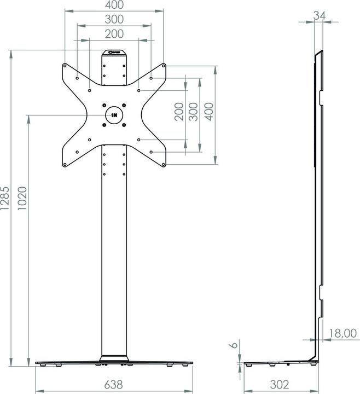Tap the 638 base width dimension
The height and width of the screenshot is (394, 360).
[114, 384]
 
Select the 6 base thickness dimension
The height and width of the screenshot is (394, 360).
[233, 345]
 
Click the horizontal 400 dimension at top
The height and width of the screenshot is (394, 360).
[114, 5]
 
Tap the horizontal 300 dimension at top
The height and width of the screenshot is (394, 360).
[114, 19]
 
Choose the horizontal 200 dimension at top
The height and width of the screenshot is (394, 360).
[114, 33]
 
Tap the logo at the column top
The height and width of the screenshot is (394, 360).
[114, 53]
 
